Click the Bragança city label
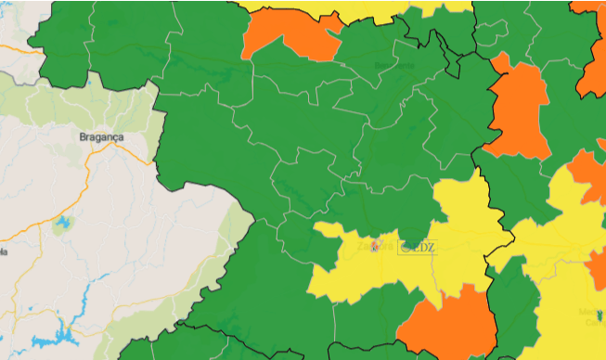(101, 135)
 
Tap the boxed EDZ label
(417, 247)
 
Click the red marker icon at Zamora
(376, 246)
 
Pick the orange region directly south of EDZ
(448, 325)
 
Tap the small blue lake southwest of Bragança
(62, 224)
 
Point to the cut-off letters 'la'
(3, 251)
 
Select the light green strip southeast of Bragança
(200, 278)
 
